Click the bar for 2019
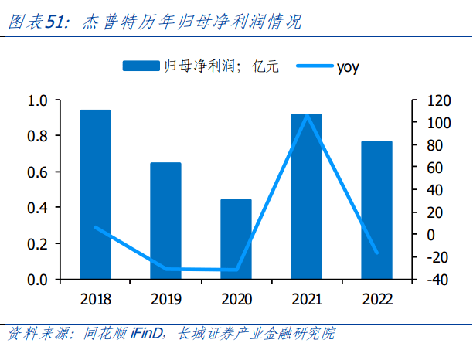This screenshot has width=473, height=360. tap(165, 221)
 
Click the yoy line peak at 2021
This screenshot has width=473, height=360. tap(307, 115)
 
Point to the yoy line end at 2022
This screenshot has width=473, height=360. tap(377, 253)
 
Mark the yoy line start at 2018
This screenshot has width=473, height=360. tap(95, 227)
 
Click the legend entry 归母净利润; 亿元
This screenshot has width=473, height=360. tap(196, 66)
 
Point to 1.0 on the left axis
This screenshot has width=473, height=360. tap(37, 100)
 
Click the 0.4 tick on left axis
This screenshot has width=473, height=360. tap(37, 208)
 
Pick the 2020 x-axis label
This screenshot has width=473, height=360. tap(236, 299)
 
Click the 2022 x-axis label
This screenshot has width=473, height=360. tap(376, 299)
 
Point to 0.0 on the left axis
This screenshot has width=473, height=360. tap(37, 280)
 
